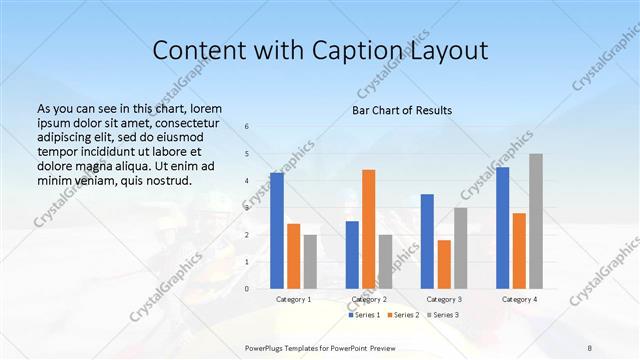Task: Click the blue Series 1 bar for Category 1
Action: [277, 231]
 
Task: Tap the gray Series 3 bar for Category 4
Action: [536, 221]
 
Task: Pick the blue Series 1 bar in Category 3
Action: [427, 241]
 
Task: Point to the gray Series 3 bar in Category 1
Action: [310, 262]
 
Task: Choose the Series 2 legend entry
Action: [404, 316]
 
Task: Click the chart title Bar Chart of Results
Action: [402, 110]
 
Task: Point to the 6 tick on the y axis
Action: [247, 127]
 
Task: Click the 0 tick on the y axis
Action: [247, 288]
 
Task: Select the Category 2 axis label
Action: [369, 299]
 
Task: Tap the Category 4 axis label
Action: [519, 299]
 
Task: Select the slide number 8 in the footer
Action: [590, 346]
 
